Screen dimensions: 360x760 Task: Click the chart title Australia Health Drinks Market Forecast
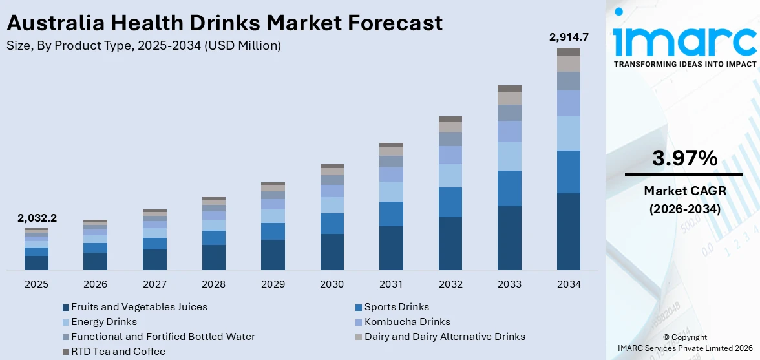click(x=224, y=23)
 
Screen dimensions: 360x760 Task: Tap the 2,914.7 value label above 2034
click(x=568, y=37)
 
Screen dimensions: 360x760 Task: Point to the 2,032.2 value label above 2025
click(x=37, y=218)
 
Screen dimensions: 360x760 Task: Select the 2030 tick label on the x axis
click(x=332, y=284)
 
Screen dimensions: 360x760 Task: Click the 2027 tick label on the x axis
click(x=154, y=284)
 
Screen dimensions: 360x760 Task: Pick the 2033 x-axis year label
click(x=509, y=284)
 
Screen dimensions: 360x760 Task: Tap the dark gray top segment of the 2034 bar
click(x=568, y=52)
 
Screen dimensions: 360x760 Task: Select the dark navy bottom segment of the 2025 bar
click(x=37, y=262)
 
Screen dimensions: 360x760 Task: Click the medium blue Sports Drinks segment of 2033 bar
click(x=509, y=188)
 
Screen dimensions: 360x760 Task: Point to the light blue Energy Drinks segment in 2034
click(x=568, y=133)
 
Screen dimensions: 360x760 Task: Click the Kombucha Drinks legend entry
click(x=407, y=322)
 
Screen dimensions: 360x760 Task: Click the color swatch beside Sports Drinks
click(x=359, y=308)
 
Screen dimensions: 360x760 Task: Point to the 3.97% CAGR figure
click(x=684, y=158)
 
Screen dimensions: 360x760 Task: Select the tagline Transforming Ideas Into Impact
click(x=684, y=64)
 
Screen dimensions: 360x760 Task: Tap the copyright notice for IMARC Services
click(x=685, y=343)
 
